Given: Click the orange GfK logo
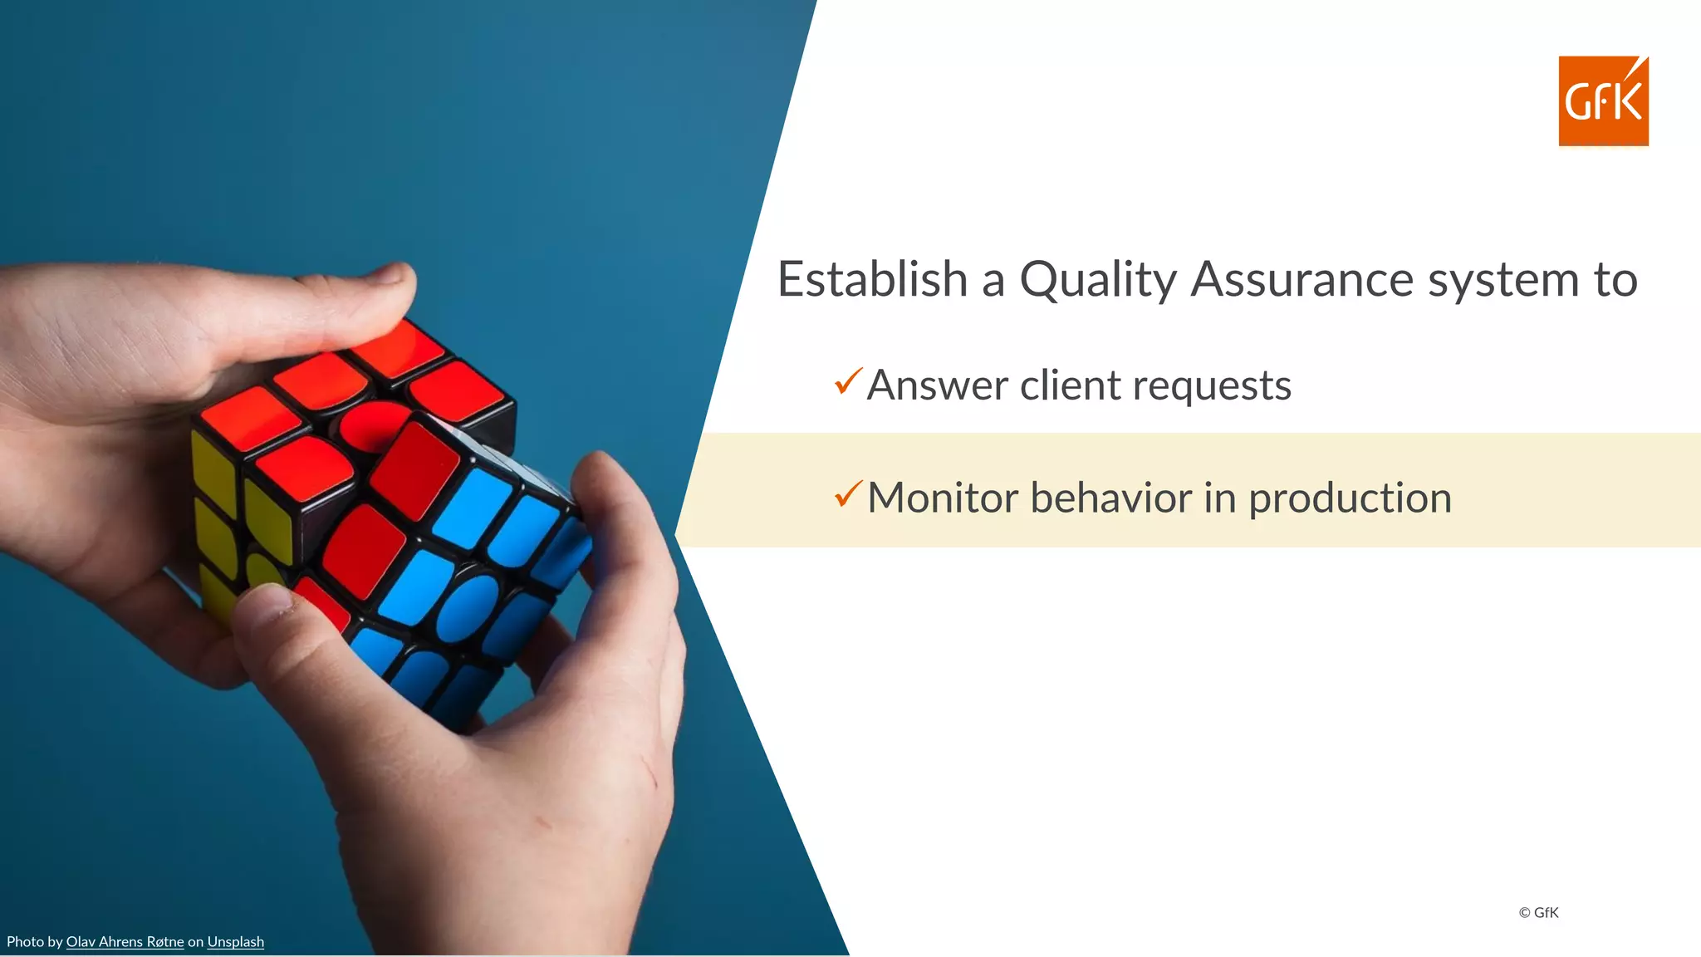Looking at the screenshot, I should tap(1603, 101).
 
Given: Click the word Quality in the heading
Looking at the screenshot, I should tap(1098, 280).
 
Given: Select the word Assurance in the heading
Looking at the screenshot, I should tap(1301, 279).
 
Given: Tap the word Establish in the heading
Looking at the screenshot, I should tap(872, 279).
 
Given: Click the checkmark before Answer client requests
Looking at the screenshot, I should tap(848, 381).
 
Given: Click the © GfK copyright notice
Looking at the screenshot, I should tap(1538, 912).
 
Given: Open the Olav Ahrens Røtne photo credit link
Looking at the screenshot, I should tap(125, 942).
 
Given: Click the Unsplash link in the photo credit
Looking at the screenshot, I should tap(236, 942).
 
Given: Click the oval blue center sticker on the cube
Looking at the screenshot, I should tap(467, 607).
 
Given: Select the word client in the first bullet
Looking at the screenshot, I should tap(1071, 385).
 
